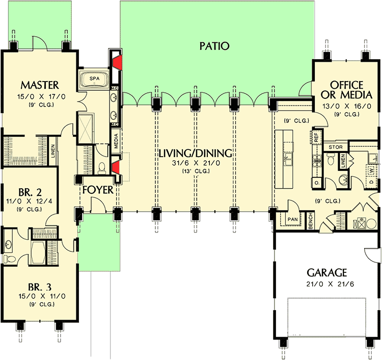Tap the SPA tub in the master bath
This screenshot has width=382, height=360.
pyautogui.click(x=94, y=80)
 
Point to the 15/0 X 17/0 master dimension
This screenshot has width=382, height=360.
pyautogui.click(x=40, y=95)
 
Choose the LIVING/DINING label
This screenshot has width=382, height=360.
pyautogui.click(x=195, y=153)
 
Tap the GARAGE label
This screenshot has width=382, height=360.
pyautogui.click(x=326, y=272)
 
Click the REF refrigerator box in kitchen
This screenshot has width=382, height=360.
pyautogui.click(x=316, y=137)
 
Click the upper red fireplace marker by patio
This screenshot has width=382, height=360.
pyautogui.click(x=116, y=62)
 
